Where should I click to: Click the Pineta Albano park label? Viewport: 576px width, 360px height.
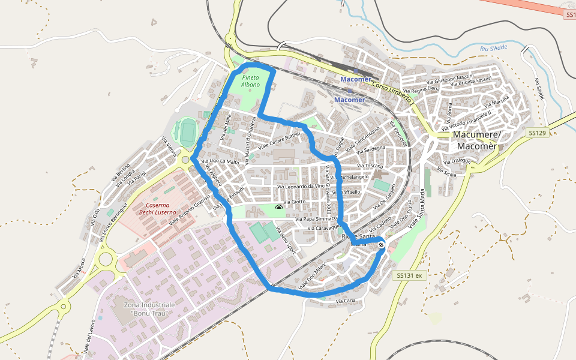(251, 81)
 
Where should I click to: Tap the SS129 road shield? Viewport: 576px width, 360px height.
(537, 133)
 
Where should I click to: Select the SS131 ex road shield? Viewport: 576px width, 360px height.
(410, 275)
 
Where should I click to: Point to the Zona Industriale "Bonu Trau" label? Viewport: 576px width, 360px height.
(149, 313)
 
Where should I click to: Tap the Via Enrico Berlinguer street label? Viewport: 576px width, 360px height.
(114, 221)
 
